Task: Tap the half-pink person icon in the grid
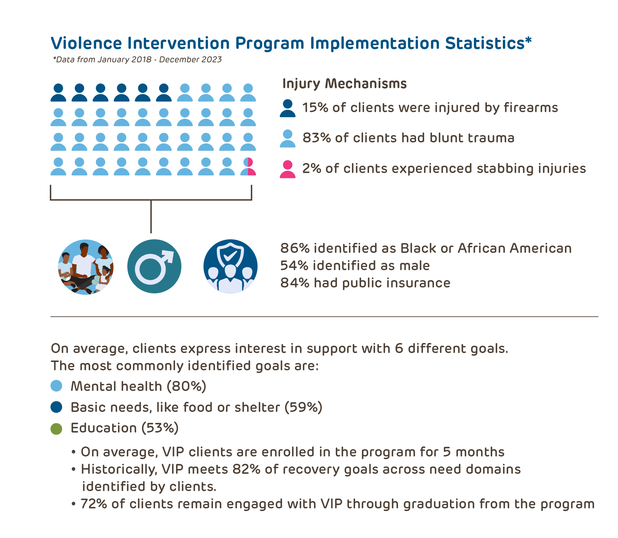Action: click(x=248, y=166)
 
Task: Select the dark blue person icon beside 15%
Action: click(x=288, y=108)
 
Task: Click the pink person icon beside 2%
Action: click(x=288, y=169)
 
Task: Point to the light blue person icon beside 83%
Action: click(x=288, y=139)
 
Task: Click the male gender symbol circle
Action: click(x=154, y=266)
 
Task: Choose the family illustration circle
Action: click(x=86, y=267)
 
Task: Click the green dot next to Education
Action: click(x=56, y=429)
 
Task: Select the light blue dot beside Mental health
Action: click(x=56, y=386)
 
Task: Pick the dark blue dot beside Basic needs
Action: click(x=56, y=407)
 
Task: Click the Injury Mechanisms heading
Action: click(x=344, y=84)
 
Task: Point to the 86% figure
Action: click(x=295, y=249)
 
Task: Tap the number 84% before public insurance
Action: click(x=295, y=283)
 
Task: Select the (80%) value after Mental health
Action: click(x=186, y=386)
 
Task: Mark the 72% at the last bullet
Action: click(x=94, y=504)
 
